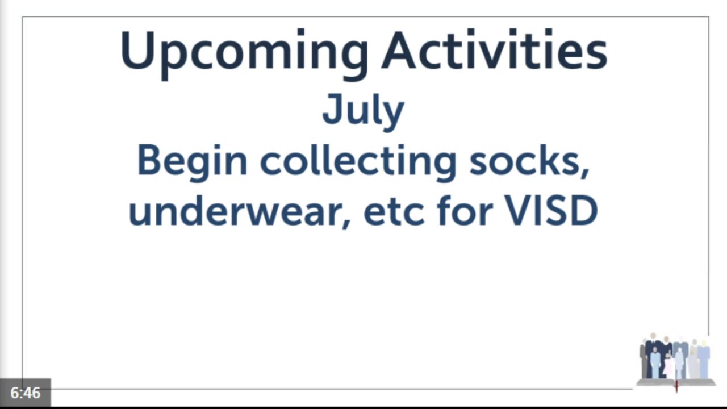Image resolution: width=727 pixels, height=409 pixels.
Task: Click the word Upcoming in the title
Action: point(244,53)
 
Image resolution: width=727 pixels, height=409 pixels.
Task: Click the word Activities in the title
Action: point(494,49)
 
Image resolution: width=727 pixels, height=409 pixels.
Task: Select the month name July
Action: point(363,112)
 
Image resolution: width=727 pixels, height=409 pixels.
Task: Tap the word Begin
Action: point(192,163)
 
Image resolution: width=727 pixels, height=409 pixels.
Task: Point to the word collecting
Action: point(358,163)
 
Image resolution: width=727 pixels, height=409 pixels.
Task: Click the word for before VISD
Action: point(465,210)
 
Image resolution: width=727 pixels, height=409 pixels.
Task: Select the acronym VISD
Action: point(551,210)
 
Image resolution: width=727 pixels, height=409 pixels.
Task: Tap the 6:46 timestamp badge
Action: point(26,393)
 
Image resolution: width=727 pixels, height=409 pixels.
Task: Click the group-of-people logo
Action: point(676,360)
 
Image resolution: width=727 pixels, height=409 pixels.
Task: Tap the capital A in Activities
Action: point(399,50)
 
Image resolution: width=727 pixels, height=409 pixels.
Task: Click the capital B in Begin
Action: point(149,160)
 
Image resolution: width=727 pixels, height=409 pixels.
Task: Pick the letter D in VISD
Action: point(584,211)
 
